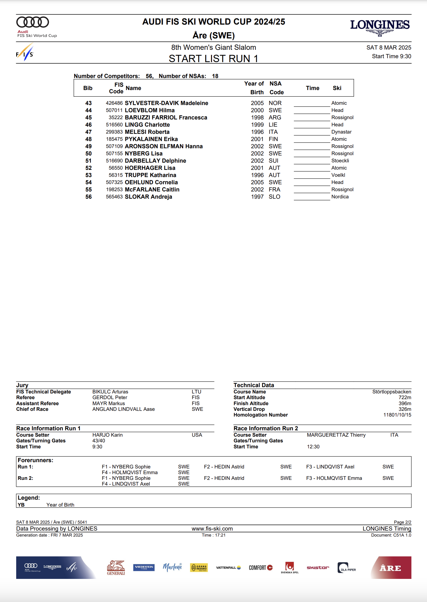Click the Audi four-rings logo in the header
[33, 22]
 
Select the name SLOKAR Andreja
[148, 197]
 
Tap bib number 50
[88, 154]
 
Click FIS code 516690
[114, 161]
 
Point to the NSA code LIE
[273, 125]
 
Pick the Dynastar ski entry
[341, 132]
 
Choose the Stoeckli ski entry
[340, 161]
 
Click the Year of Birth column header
[254, 88]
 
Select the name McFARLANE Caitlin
[152, 190]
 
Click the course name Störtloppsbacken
[391, 392]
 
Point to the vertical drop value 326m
[405, 409]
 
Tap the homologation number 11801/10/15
[397, 415]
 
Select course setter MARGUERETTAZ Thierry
[336, 435]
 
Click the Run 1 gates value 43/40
[99, 441]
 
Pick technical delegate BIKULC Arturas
[110, 392]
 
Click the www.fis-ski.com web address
[212, 529]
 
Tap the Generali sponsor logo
[116, 568]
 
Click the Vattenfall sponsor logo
[228, 568]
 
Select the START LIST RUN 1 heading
[213, 59]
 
